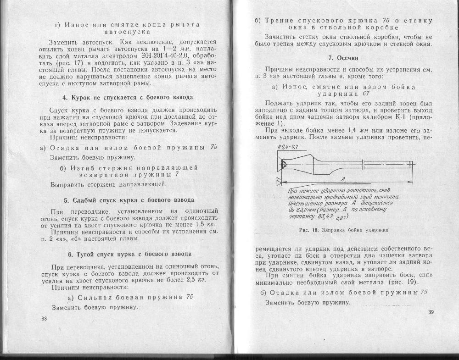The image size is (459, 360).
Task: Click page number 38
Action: [x=44, y=318]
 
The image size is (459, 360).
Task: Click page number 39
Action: [x=431, y=312]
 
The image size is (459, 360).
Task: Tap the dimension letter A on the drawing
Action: [x=343, y=179]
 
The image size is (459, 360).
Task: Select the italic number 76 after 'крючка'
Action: [x=386, y=21]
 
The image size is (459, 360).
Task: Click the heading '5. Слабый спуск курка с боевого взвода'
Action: [x=129, y=200]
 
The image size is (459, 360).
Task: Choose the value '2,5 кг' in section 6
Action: [x=197, y=279]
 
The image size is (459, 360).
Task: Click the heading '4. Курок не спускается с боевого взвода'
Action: [x=127, y=97]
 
